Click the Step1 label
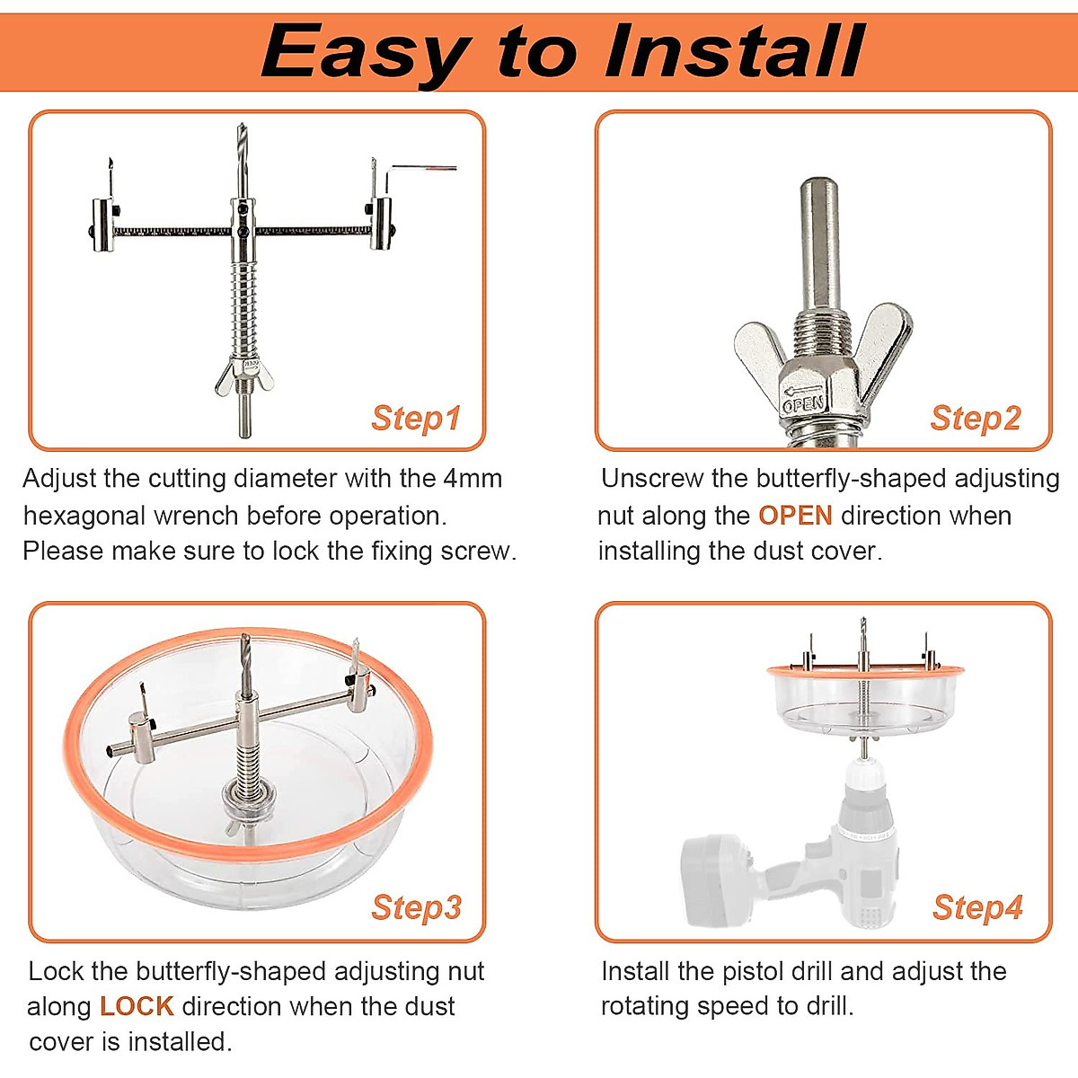pyautogui.click(x=416, y=418)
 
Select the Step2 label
pyautogui.click(x=976, y=418)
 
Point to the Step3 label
pyautogui.click(x=416, y=907)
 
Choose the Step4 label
pyautogui.click(x=977, y=907)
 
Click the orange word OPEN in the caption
pyautogui.click(x=795, y=516)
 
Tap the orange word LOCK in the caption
pyautogui.click(x=137, y=1006)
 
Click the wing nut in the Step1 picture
pyautogui.click(x=244, y=372)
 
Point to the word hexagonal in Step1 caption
pyautogui.click(x=84, y=516)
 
